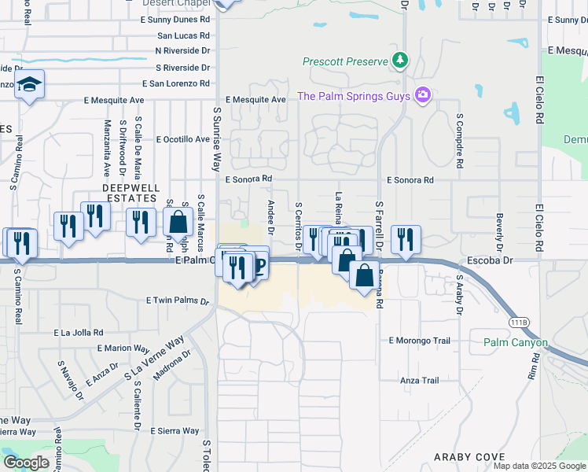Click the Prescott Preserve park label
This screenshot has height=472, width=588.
(346, 61)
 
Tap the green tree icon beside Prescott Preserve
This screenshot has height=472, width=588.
(400, 60)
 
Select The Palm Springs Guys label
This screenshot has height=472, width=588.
(354, 96)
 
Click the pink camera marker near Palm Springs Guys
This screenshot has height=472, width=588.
(423, 95)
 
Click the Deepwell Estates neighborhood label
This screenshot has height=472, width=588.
(131, 194)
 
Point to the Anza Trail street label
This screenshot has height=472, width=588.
(419, 381)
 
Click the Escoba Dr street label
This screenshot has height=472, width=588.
(511, 259)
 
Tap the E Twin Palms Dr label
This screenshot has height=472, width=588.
(178, 301)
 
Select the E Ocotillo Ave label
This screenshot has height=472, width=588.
(183, 139)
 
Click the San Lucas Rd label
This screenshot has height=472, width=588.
(183, 36)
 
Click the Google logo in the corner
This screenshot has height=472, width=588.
(25, 463)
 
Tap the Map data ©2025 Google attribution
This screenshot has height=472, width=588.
(538, 466)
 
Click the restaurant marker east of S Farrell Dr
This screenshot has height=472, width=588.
(406, 239)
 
